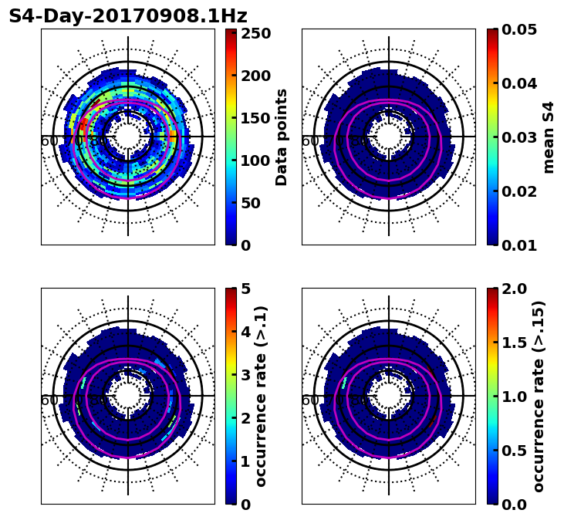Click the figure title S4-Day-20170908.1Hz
coord(127,15)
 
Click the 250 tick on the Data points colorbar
coord(255,33)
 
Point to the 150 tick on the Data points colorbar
coord(255,118)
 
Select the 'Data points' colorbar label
coord(282,137)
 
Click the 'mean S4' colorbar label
coord(549,137)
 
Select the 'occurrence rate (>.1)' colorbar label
coord(261,396)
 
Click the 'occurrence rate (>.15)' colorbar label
coord(539,396)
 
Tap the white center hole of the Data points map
coord(128,137)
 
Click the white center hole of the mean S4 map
coord(389,137)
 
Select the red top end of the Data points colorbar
coord(231,32)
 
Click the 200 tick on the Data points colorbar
coord(255,76)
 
